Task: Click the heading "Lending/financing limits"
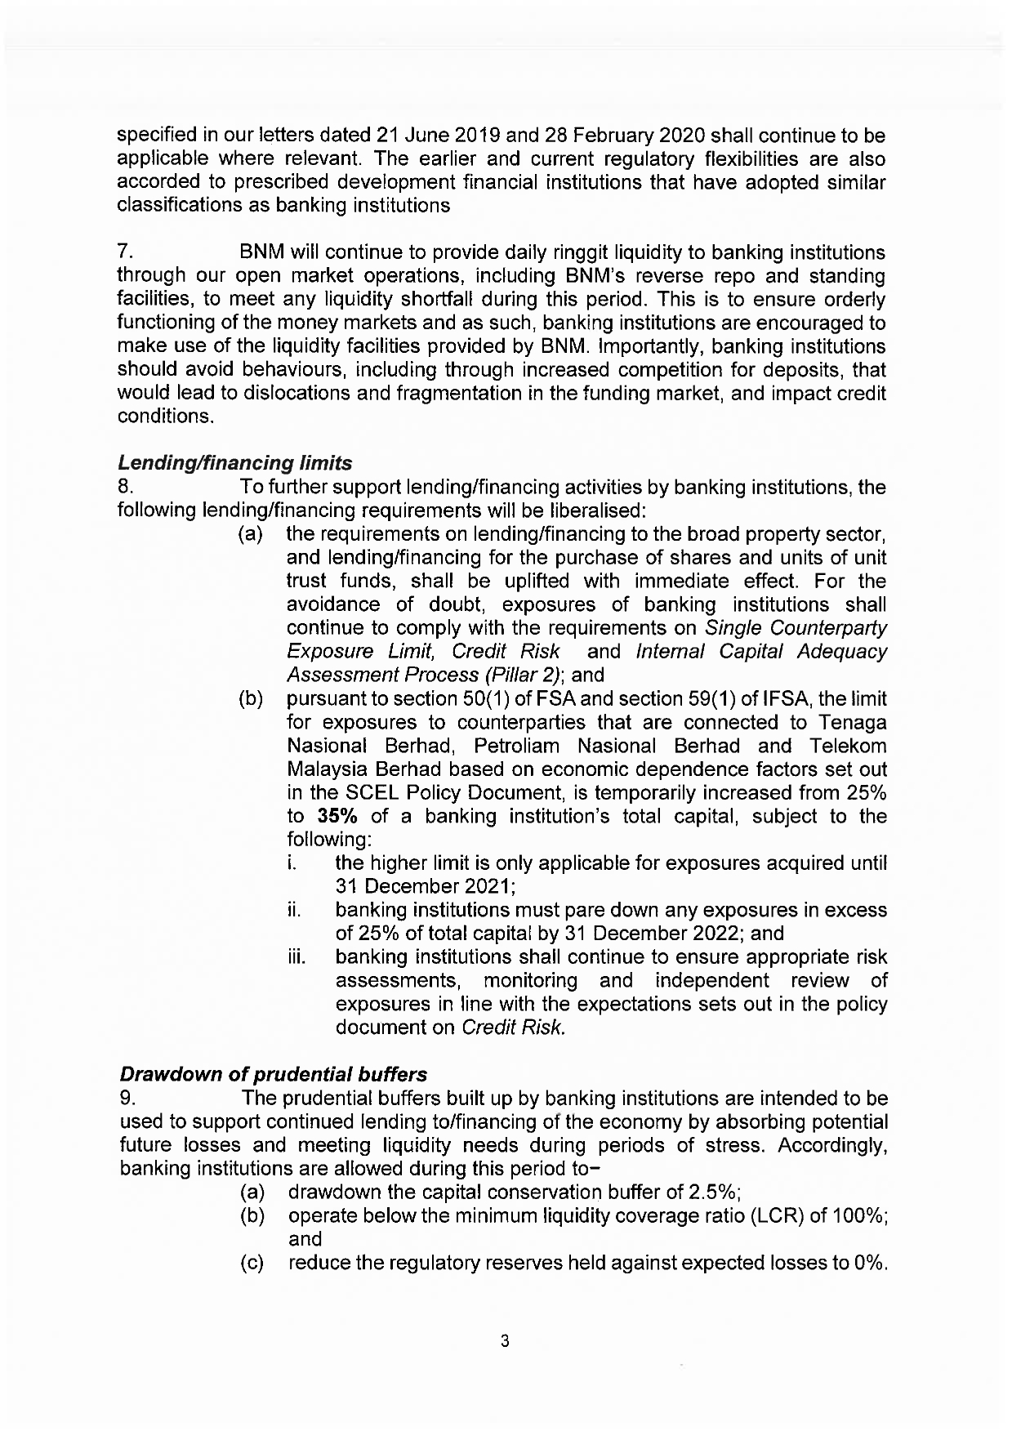point(235,463)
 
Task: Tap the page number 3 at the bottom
point(505,1341)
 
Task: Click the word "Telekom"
point(849,747)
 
